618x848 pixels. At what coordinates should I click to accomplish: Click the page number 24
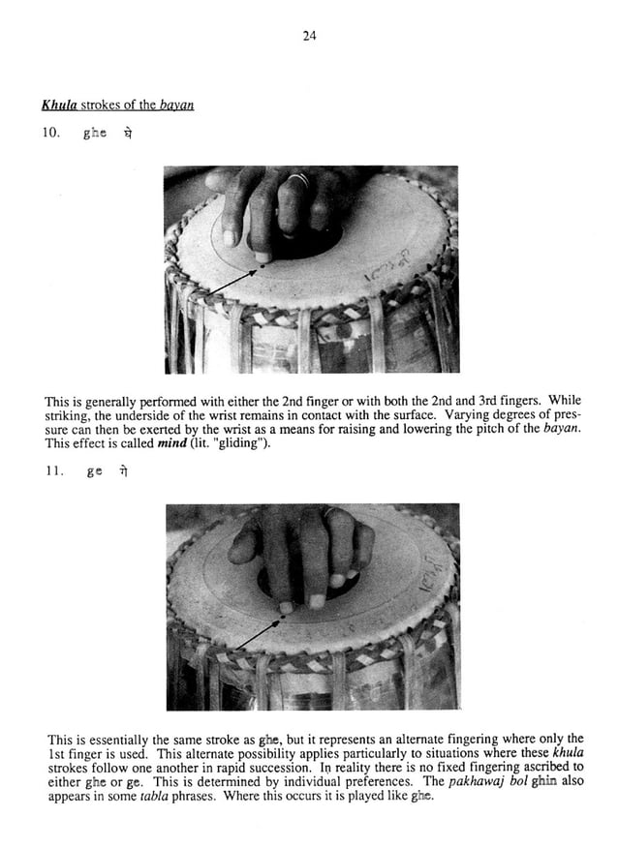click(x=309, y=37)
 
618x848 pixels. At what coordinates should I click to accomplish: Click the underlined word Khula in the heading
click(x=61, y=106)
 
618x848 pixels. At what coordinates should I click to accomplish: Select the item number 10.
click(x=52, y=135)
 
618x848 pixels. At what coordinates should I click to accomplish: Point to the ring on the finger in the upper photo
click(x=299, y=180)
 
